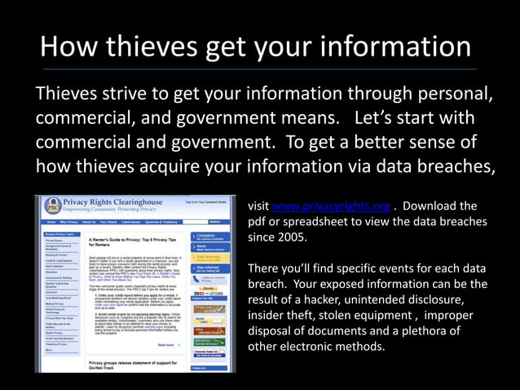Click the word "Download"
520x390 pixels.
tap(431, 206)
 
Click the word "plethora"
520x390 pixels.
tap(452, 331)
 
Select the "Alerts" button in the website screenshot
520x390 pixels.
tap(201, 247)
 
